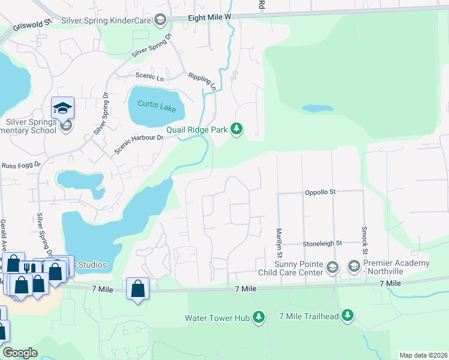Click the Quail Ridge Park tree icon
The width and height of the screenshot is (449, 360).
coord(237,129)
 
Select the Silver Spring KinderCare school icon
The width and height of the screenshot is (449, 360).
coord(160,21)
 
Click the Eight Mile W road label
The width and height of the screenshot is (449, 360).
coord(209,18)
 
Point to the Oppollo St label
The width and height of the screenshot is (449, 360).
coord(320,192)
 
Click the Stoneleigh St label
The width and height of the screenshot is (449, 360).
coord(322,244)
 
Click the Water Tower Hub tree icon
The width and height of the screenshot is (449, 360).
coord(259,317)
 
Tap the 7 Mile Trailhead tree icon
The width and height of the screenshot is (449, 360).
coord(348,316)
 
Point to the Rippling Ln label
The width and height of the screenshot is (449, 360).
coord(202,80)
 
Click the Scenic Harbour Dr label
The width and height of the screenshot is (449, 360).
coord(139,145)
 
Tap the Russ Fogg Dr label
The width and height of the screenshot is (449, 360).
coord(20,164)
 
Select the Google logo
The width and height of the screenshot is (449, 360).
coord(20,353)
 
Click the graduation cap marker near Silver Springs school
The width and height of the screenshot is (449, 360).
coord(62,108)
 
